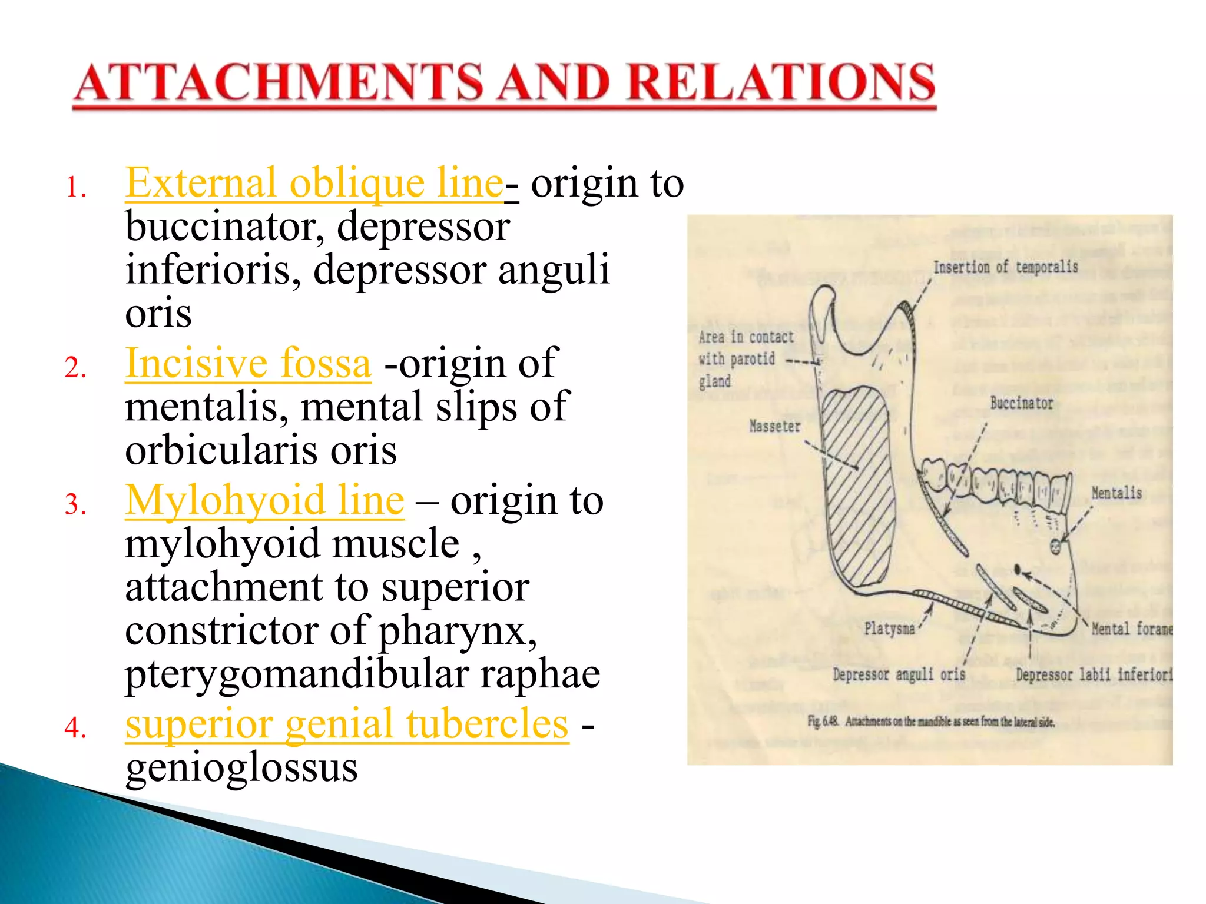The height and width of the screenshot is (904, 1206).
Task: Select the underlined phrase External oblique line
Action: click(x=314, y=184)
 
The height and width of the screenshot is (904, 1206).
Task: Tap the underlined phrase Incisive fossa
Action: click(x=248, y=364)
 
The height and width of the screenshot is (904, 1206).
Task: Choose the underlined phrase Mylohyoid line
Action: click(x=264, y=501)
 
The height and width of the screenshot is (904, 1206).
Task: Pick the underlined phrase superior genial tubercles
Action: click(x=347, y=724)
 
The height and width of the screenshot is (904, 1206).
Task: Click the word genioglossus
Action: click(x=241, y=768)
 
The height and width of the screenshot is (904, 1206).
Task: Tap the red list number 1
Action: click(x=75, y=188)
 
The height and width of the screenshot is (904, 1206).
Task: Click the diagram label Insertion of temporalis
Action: click(x=1005, y=267)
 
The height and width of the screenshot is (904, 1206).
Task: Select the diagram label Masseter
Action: click(x=774, y=426)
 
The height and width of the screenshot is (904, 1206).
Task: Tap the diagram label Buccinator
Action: click(x=1021, y=404)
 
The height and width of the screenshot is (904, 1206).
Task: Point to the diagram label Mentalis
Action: click(x=1116, y=493)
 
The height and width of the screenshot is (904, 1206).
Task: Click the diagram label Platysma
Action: click(x=889, y=629)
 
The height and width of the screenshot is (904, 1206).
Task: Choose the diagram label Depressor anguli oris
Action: click(x=899, y=674)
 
